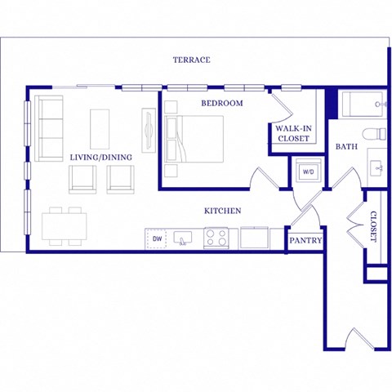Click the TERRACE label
192,60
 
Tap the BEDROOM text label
222,103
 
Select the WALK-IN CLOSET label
292,133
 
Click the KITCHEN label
222,211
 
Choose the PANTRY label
305,241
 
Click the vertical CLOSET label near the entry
373,226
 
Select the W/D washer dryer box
309,172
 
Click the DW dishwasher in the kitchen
157,238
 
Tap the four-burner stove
216,238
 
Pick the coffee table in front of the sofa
100,129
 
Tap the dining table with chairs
65,225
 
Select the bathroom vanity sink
377,167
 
